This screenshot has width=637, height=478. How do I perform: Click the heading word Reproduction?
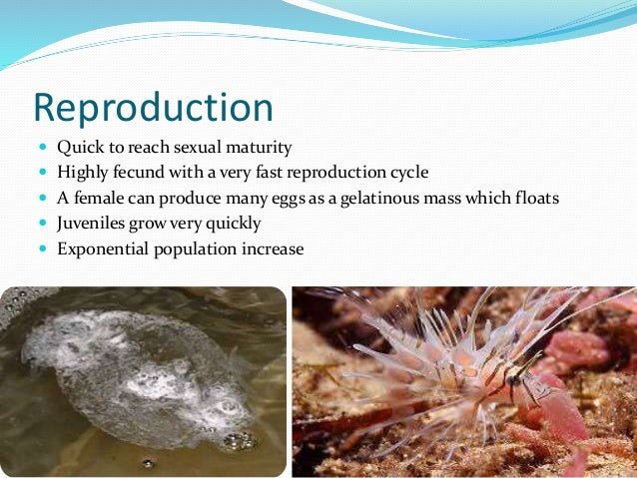tap(153, 107)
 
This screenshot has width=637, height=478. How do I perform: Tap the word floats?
tap(534, 199)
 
